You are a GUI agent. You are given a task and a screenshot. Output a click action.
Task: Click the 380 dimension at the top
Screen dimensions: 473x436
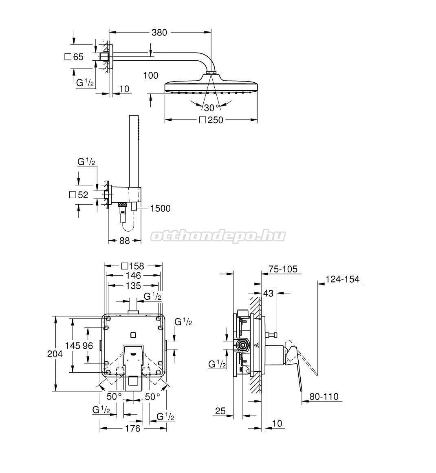(159, 33)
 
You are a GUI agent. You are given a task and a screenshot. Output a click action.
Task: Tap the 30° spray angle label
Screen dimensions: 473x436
(211, 108)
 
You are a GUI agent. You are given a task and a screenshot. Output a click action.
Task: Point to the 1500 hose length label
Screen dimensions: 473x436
(160, 209)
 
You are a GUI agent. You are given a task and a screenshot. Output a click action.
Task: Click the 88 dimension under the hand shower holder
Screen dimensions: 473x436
(125, 241)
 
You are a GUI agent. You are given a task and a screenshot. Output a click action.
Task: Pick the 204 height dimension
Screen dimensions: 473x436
(55, 354)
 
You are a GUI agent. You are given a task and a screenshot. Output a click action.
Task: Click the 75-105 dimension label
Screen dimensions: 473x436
(283, 269)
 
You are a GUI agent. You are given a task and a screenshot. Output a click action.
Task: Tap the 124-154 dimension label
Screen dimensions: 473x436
(342, 279)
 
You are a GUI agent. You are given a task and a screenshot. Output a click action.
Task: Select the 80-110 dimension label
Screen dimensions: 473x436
(324, 397)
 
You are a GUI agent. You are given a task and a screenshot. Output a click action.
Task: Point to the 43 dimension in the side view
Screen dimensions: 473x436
(268, 293)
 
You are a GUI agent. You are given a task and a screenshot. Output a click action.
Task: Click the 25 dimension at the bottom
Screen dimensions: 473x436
(220, 411)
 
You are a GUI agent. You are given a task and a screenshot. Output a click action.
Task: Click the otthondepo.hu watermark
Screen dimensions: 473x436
(218, 236)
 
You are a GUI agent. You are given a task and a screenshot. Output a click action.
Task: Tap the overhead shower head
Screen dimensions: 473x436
(211, 86)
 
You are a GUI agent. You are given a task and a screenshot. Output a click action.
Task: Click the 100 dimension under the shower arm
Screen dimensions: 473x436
(151, 75)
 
